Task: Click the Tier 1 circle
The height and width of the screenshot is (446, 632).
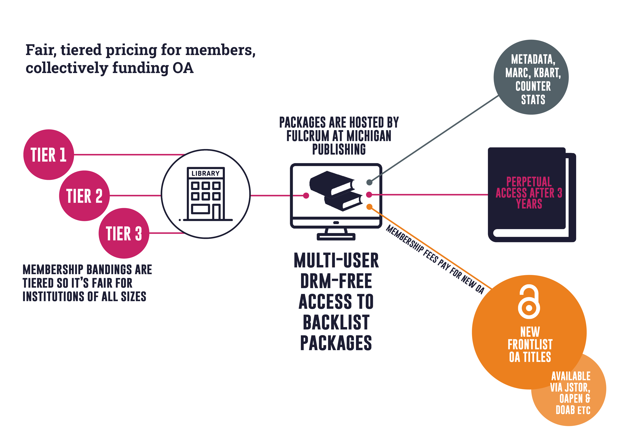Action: [48, 155]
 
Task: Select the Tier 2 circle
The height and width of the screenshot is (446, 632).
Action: [84, 196]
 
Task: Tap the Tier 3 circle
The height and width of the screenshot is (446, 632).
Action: [124, 233]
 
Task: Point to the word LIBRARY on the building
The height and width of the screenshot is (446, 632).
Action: [206, 173]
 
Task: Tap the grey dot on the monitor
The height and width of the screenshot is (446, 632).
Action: [369, 182]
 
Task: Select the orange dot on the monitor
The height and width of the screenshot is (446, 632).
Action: [369, 207]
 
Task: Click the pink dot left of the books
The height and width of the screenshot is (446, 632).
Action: [306, 195]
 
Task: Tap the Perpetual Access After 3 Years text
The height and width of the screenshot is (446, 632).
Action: [529, 193]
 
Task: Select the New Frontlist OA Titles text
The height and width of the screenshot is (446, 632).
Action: [530, 344]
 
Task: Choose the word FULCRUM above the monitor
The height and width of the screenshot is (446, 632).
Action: [308, 136]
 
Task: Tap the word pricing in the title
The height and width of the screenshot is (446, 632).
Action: [131, 50]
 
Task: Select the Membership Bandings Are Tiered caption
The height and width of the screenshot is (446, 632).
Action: [87, 283]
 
